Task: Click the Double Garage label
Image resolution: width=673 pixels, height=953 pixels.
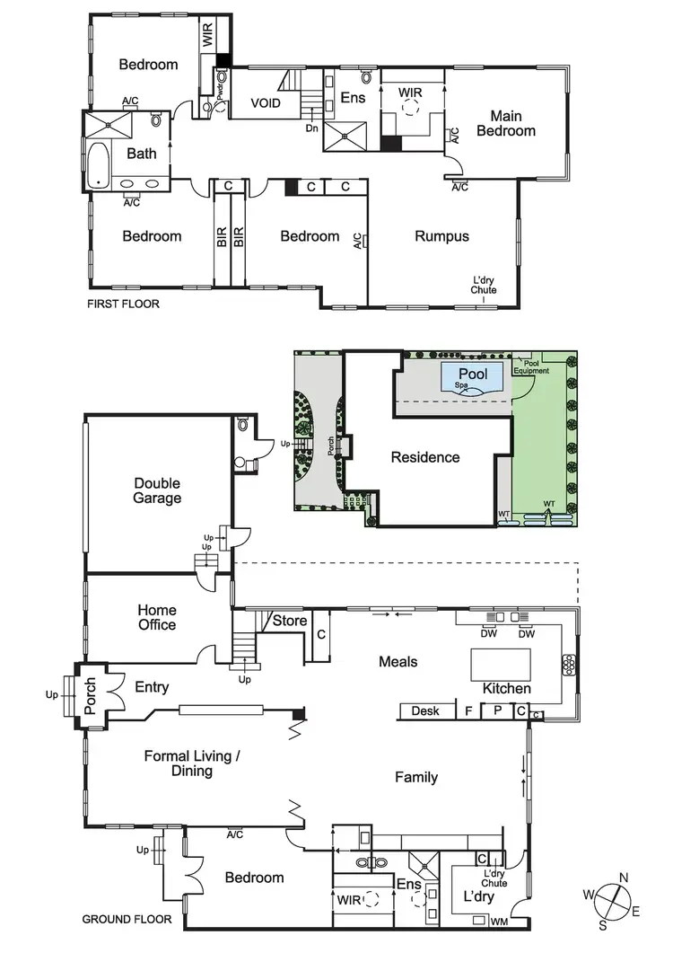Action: [157, 490]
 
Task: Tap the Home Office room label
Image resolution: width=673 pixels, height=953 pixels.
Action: [157, 618]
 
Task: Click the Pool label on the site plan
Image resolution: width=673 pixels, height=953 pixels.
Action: [473, 373]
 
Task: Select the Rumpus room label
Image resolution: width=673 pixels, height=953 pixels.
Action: [441, 236]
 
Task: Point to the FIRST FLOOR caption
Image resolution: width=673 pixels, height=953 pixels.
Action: [123, 304]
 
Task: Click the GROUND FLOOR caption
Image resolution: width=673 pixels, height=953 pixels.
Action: [127, 919]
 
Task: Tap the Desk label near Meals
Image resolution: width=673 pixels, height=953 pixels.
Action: [425, 711]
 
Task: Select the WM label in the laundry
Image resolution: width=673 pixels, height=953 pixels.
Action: [499, 921]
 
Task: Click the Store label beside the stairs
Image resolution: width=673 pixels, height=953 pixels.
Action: [290, 621]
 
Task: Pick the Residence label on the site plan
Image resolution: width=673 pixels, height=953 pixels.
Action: [424, 457]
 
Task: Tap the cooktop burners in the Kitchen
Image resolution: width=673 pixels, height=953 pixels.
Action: [567, 664]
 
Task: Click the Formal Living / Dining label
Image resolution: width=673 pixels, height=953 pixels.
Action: [191, 763]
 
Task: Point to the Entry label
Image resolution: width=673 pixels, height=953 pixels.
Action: [152, 687]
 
